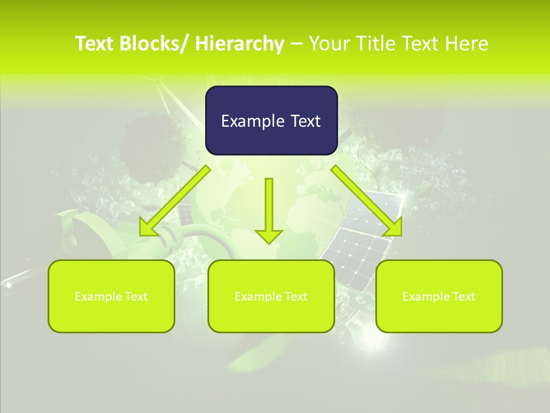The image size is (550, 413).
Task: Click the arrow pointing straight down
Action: pyautogui.click(x=269, y=206)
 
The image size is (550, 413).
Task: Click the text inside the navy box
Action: pyautogui.click(x=271, y=121)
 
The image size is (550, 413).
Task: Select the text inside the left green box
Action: pyautogui.click(x=111, y=297)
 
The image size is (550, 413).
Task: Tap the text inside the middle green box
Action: pyautogui.click(x=271, y=297)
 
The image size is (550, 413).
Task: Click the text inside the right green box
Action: pyautogui.click(x=439, y=297)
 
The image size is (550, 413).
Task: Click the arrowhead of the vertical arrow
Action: pyautogui.click(x=269, y=236)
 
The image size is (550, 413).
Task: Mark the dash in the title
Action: pyautogui.click(x=296, y=44)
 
